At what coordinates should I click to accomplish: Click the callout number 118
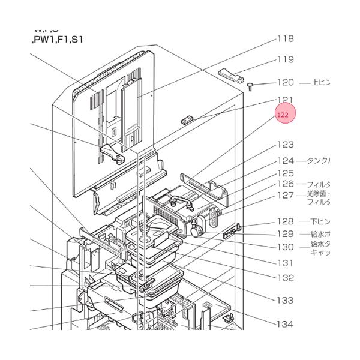[284, 39]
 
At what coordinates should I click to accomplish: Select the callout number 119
[284, 59]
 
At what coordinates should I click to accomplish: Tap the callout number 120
[284, 83]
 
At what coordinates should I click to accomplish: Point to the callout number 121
[284, 100]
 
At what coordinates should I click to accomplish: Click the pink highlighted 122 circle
[286, 114]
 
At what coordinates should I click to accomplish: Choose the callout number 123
[284, 145]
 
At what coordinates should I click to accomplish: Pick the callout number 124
[284, 161]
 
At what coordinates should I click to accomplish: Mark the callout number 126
[284, 184]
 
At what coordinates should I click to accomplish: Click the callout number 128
[284, 221]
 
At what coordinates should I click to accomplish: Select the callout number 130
[284, 247]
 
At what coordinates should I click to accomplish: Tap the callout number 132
[284, 278]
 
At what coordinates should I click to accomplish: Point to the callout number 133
[284, 300]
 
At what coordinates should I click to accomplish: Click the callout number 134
[284, 324]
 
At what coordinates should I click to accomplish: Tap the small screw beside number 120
[249, 87]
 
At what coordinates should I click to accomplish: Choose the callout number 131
[284, 262]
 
